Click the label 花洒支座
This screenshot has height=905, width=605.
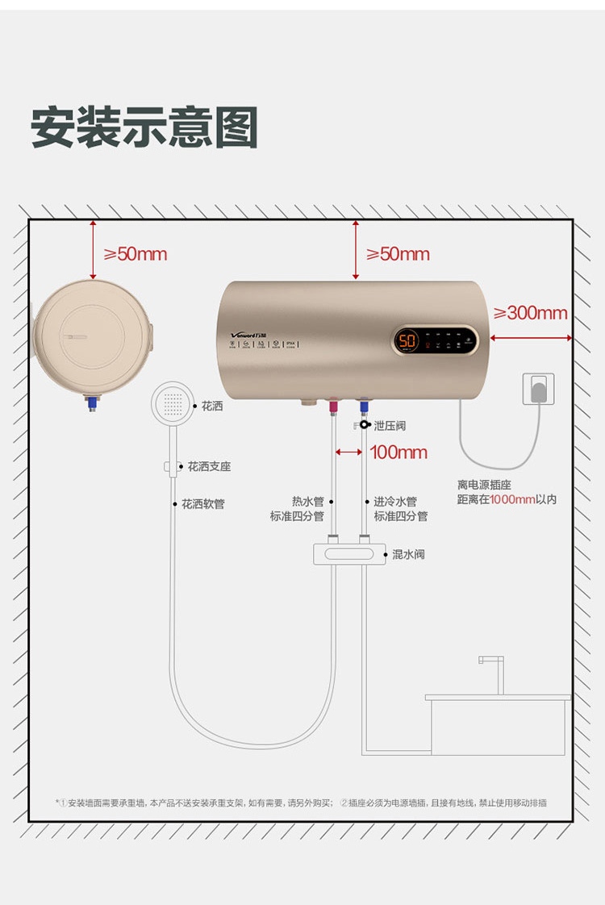click(x=209, y=467)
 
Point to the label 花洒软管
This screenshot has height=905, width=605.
click(x=202, y=504)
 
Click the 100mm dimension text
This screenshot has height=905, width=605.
click(x=398, y=452)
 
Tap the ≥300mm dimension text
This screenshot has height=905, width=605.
click(x=530, y=313)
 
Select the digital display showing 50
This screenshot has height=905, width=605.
click(x=408, y=341)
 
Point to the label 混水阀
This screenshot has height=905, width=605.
click(x=408, y=555)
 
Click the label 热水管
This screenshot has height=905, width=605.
click(x=307, y=502)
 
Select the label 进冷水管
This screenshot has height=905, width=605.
click(x=395, y=502)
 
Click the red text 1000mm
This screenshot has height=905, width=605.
click(x=512, y=499)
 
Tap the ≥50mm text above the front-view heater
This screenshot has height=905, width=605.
click(x=398, y=254)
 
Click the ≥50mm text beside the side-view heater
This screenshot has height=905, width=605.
click(x=135, y=254)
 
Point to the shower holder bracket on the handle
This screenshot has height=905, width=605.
click(x=171, y=466)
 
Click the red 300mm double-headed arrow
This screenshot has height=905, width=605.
click(x=531, y=338)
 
